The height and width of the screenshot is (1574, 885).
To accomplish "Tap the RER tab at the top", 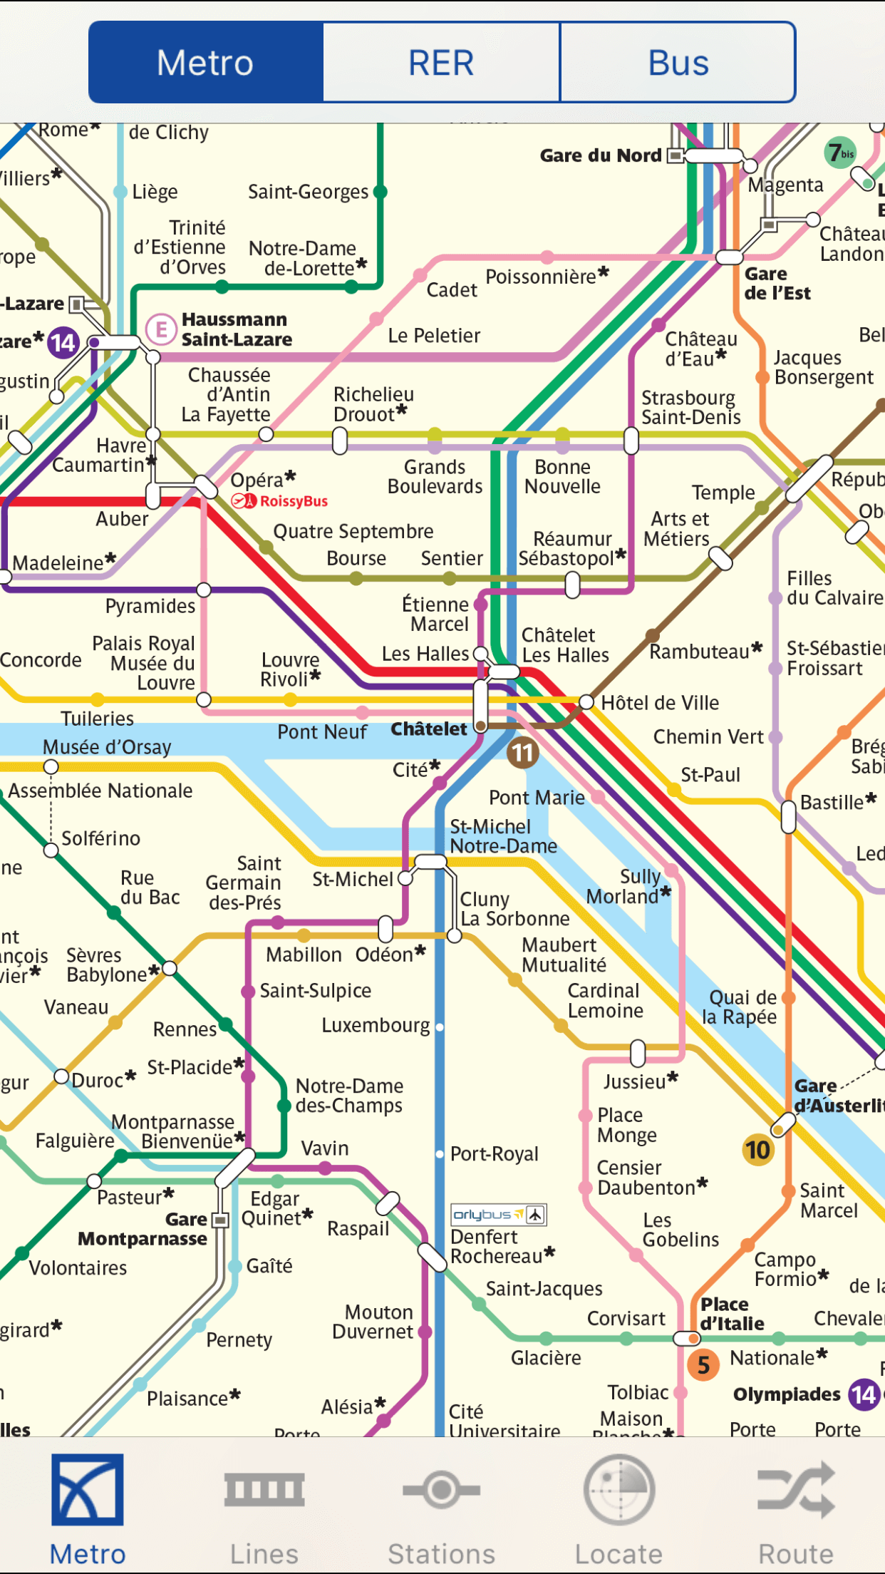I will (441, 63).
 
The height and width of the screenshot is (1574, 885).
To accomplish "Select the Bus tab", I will (678, 63).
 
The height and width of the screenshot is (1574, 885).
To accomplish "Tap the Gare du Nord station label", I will (600, 155).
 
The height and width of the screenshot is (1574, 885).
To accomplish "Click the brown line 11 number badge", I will (522, 753).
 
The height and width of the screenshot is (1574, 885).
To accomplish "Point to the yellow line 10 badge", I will (757, 1150).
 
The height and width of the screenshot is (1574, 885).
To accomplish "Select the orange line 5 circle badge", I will (703, 1365).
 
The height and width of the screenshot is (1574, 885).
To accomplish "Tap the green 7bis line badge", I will (841, 153).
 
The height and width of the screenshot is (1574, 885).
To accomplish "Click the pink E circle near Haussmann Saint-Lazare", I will (161, 329).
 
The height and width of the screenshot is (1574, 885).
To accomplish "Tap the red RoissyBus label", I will (293, 501).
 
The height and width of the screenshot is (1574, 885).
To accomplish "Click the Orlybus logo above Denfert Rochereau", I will (498, 1214).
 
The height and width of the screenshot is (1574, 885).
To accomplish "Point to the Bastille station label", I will (832, 803).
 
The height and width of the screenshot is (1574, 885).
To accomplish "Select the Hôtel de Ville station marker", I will (586, 702).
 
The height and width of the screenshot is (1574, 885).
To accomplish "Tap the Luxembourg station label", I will (376, 1026).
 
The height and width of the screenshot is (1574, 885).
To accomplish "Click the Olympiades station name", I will (787, 1394).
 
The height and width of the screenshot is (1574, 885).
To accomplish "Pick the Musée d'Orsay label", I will (107, 747).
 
